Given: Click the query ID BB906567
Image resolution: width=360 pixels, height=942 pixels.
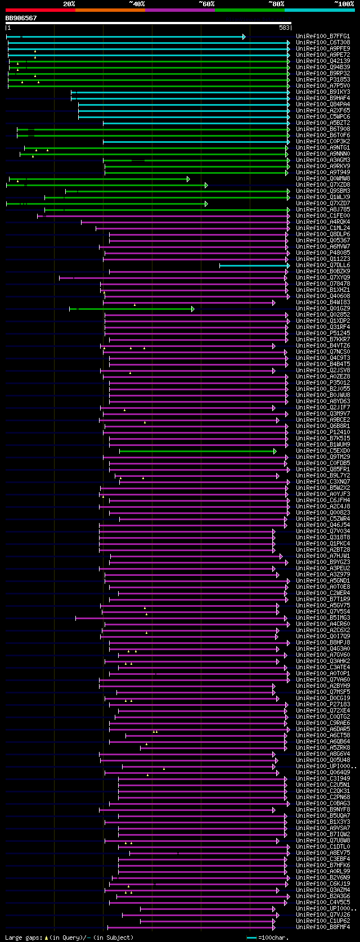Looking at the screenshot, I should click(21, 18).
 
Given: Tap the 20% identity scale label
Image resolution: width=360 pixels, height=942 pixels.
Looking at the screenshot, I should click(69, 4).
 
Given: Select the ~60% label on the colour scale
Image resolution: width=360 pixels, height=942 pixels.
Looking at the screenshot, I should click(206, 4).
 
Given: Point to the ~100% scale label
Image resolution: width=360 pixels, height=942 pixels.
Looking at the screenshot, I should click(344, 4).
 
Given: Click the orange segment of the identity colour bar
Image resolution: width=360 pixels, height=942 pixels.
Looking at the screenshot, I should click(110, 10).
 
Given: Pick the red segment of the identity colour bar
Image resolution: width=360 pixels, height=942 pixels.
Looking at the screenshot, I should click(40, 10).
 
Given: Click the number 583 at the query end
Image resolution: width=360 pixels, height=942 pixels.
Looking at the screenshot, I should click(284, 28).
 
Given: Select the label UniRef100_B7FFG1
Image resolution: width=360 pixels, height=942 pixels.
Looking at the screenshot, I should click(323, 37).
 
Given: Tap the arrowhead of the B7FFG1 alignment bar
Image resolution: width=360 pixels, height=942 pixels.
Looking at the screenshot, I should click(244, 37).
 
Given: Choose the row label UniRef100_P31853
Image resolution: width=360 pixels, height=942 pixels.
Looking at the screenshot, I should click(323, 80).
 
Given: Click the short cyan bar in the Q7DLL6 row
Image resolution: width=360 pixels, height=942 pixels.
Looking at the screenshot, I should click(253, 265).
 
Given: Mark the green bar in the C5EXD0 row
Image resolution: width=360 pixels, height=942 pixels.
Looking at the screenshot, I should click(197, 451).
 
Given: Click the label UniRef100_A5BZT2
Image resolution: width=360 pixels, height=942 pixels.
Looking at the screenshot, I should click(323, 123).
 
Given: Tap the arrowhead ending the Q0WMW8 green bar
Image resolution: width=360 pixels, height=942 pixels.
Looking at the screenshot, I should click(188, 179).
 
